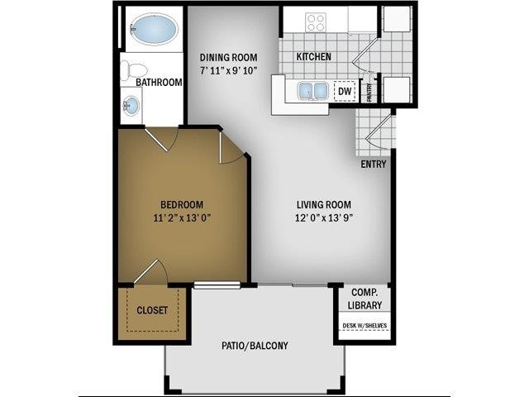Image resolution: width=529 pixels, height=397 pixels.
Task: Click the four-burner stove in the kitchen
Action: [316, 22]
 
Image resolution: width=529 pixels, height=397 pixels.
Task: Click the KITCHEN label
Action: [314, 57]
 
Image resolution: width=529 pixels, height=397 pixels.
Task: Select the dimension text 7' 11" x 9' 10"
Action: [229, 71]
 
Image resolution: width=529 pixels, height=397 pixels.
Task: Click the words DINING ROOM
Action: [229, 57]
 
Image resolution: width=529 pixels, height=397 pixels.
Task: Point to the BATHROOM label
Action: [159, 83]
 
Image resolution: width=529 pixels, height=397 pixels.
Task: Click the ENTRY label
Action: [374, 164]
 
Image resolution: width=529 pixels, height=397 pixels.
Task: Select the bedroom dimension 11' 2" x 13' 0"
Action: [182, 219]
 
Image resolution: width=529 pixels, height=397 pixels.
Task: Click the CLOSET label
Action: [151, 311]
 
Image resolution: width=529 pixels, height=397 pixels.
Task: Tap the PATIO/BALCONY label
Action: [255, 346]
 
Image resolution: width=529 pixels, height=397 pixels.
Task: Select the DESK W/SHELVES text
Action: [365, 325]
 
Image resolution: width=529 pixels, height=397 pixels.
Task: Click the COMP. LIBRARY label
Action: [365, 299]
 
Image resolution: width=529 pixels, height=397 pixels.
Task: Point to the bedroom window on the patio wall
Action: [217, 285]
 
